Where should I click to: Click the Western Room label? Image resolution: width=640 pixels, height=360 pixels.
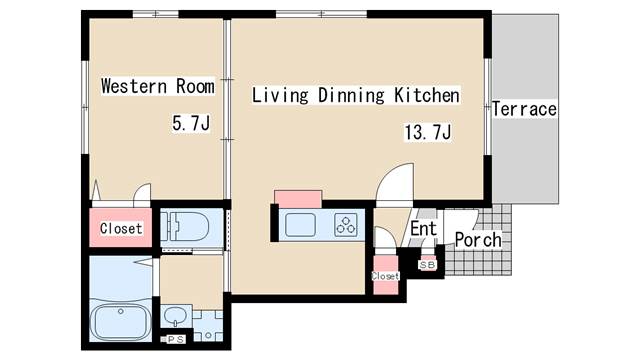click(158, 86)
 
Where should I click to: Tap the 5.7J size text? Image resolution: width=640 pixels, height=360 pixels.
click(191, 123)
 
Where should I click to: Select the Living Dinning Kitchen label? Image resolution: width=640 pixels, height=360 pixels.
click(356, 95)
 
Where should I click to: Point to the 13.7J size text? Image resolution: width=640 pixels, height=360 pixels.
click(428, 132)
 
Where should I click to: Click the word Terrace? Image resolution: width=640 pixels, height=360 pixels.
click(524, 109)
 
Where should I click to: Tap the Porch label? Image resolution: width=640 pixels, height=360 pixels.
click(478, 240)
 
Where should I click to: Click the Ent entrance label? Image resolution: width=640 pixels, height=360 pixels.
click(423, 229)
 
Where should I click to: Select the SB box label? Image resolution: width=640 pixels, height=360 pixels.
click(427, 265)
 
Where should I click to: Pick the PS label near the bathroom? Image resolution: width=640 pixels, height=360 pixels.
click(176, 339)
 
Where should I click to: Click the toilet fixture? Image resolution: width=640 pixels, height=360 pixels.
click(185, 227)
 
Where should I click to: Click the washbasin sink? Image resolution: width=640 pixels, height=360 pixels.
click(176, 316)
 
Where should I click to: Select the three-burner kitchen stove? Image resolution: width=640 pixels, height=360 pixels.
click(346, 225)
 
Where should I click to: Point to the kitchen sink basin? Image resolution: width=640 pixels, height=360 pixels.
click(300, 225)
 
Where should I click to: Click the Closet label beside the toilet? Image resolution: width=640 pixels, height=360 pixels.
click(121, 228)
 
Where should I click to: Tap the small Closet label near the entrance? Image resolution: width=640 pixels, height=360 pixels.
click(385, 276)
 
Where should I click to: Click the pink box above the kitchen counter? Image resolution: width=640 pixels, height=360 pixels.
click(298, 199)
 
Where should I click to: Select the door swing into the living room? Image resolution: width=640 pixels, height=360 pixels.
click(395, 182)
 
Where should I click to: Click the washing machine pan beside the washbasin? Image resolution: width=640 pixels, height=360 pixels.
click(208, 326)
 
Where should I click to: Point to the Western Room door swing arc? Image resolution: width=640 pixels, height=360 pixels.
click(142, 192)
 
